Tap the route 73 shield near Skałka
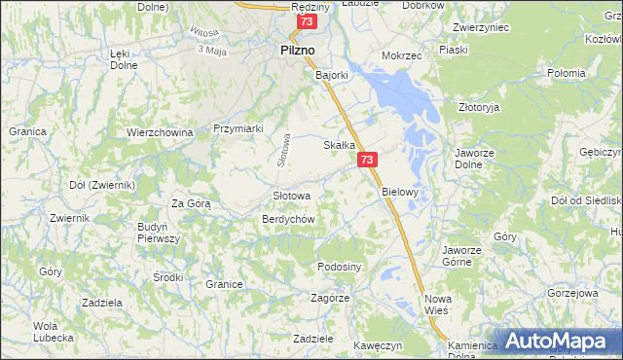point(367,160)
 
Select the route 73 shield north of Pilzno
point(308,21)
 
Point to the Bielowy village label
point(399,192)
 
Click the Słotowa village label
point(291,196)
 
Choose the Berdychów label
point(287,219)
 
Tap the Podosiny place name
point(340,267)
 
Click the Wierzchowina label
point(161,131)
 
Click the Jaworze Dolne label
point(477,159)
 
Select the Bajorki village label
point(332,73)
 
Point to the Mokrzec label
point(401,55)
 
